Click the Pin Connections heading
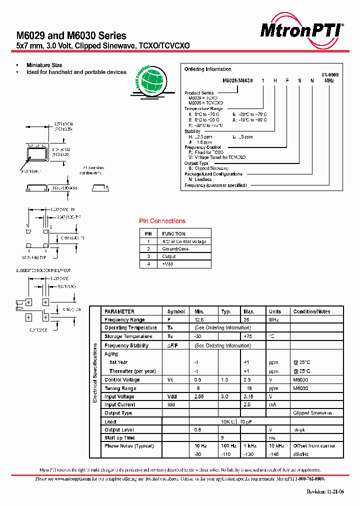(162, 221)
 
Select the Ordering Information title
(208, 69)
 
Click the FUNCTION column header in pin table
(174, 233)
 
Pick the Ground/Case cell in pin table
(175, 248)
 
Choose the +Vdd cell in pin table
(167, 263)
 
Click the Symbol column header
(176, 311)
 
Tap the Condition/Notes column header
(311, 311)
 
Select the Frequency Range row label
(124, 320)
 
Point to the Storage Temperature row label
(128, 336)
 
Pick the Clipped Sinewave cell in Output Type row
(312, 413)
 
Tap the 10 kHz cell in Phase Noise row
(275, 445)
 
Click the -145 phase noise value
(274, 453)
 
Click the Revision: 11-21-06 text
(325, 491)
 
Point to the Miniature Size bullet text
(44, 65)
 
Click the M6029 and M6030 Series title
(71, 36)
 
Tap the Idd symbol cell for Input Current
(171, 404)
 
